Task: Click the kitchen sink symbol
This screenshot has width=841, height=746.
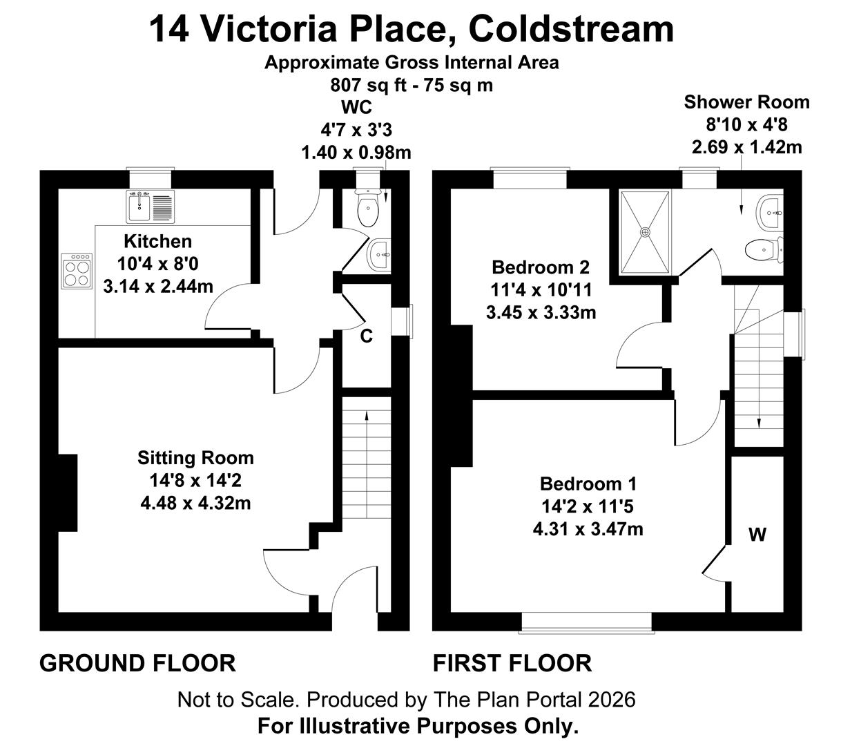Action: click(x=151, y=207)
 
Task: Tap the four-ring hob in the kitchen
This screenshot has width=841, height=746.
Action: click(x=77, y=271)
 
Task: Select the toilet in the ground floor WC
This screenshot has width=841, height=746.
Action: click(x=368, y=208)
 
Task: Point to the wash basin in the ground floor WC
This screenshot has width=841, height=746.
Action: click(x=378, y=255)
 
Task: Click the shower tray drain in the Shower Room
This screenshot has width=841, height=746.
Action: click(x=645, y=232)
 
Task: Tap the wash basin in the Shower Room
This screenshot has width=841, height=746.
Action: click(x=769, y=213)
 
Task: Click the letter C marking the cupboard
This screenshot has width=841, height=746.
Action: click(x=367, y=336)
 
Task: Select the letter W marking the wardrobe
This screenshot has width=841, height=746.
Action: click(x=757, y=535)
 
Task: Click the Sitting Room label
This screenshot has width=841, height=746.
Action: click(x=195, y=458)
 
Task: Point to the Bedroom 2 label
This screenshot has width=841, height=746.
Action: click(x=541, y=267)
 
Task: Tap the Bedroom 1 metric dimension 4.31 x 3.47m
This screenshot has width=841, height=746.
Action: click(x=588, y=529)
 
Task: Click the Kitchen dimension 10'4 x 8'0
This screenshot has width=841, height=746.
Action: click(x=157, y=264)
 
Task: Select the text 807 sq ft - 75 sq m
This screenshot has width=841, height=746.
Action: click(x=412, y=86)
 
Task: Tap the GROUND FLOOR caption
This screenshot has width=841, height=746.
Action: click(x=137, y=663)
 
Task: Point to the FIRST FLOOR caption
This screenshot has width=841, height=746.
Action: click(x=512, y=663)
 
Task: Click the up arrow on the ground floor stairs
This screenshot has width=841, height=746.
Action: click(x=367, y=464)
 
